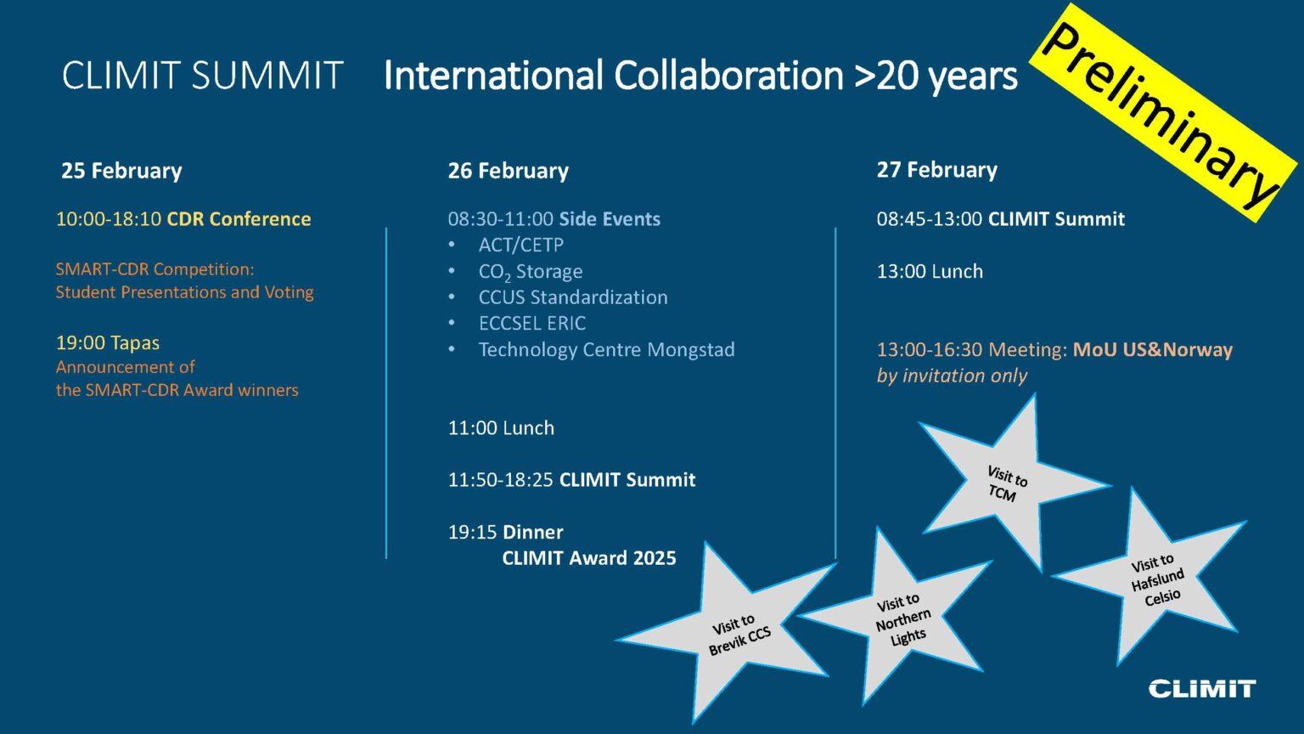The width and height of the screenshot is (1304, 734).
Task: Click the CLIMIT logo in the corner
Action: tap(1201, 689)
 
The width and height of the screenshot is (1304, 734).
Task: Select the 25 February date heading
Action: tap(121, 171)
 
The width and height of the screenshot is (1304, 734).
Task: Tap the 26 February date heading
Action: tap(508, 171)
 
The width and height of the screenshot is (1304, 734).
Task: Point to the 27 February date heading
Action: tap(936, 170)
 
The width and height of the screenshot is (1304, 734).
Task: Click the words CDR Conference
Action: tap(239, 219)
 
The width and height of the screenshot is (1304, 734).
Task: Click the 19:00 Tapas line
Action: tap(108, 343)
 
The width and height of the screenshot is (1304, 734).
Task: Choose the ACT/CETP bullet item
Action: tap(520, 246)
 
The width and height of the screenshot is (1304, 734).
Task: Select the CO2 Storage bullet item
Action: tap(531, 272)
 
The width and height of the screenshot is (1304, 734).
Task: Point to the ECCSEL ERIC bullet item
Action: tap(532, 324)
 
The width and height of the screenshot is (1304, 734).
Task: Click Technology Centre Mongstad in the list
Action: tap(606, 350)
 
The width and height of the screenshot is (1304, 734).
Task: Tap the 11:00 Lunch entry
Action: tap(501, 428)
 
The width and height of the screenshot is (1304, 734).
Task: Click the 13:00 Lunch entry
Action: tap(930, 272)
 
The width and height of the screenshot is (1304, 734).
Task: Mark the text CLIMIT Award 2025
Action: tap(589, 559)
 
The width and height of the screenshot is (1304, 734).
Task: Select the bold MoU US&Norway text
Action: tap(1152, 350)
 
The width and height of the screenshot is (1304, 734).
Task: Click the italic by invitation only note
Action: tap(952, 376)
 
